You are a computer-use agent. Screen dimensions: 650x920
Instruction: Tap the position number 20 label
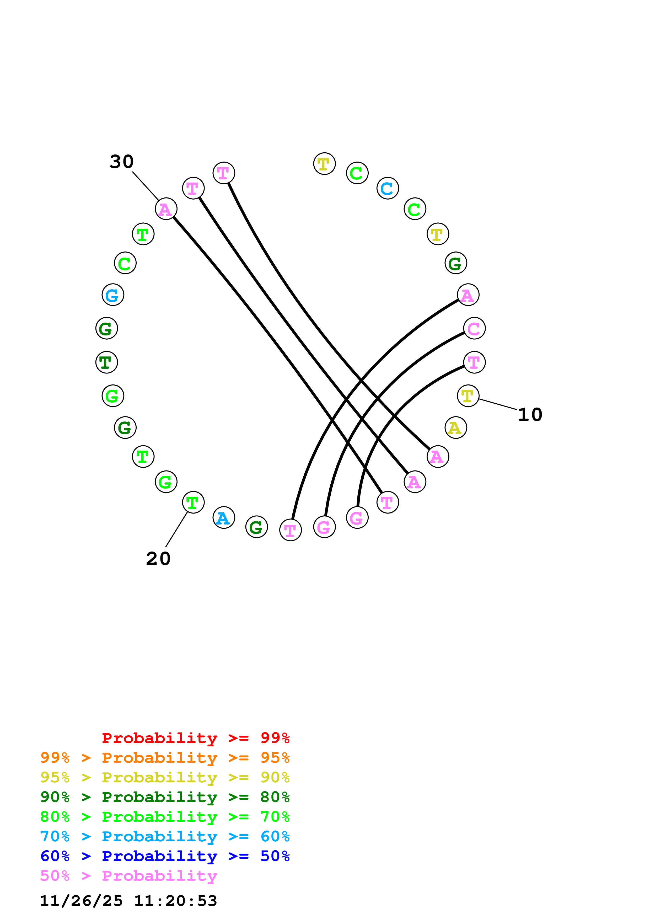click(158, 559)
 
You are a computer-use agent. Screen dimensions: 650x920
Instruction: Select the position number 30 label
click(121, 162)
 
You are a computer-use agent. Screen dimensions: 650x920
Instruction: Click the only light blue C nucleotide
click(387, 188)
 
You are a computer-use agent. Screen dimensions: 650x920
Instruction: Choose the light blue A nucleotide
click(223, 518)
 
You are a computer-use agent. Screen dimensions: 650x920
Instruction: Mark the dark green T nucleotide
click(106, 362)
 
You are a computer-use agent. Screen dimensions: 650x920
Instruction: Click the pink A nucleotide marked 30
click(166, 209)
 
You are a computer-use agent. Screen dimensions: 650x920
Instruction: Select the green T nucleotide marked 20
click(193, 502)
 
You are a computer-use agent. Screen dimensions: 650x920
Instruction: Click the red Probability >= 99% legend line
click(195, 738)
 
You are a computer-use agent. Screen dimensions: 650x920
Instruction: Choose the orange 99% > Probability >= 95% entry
click(165, 758)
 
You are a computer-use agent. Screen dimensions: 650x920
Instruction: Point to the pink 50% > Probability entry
click(128, 876)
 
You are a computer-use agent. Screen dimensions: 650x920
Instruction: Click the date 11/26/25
click(81, 901)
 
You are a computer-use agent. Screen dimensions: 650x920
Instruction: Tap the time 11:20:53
click(175, 901)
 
